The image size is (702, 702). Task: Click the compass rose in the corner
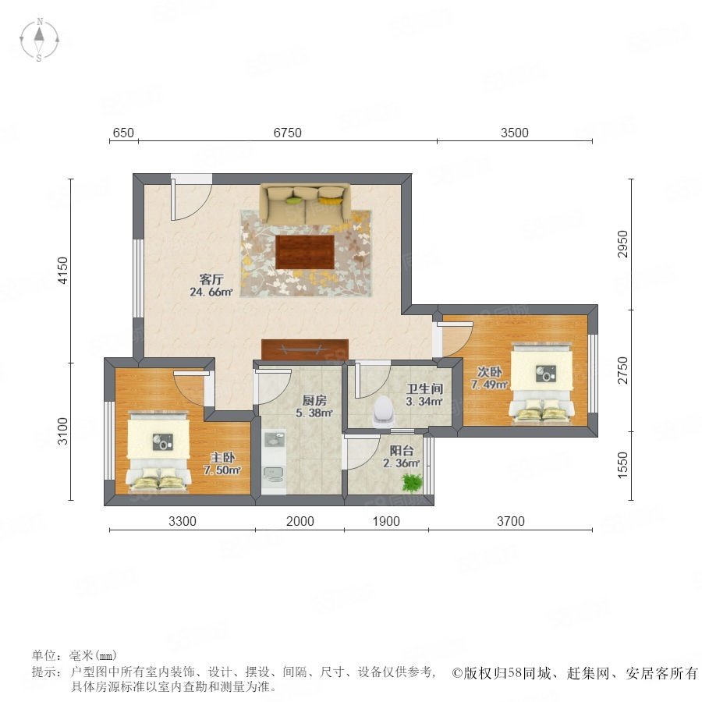coord(40,40)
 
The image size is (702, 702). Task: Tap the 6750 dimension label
coord(287,133)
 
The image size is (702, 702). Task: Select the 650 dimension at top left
coord(123,133)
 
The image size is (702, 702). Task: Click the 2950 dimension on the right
coord(622,244)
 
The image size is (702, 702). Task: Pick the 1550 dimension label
coord(622,465)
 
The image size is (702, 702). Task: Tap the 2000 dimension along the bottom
coord(300,521)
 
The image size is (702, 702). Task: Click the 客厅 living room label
coord(211,280)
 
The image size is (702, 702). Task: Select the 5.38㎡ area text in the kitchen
coord(314,413)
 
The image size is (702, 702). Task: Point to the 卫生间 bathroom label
coord(424,388)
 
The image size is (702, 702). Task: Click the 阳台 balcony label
coord(402,450)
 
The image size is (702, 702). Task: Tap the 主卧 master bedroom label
coord(222,458)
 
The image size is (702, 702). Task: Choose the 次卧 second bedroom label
coord(489,371)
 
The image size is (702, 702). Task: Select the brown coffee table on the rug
coord(305,252)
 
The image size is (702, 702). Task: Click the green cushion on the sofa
coord(293,200)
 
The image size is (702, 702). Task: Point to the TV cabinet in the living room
coord(305,350)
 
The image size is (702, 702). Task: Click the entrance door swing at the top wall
coord(191,200)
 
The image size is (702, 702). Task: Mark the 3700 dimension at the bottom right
coord(510,521)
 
